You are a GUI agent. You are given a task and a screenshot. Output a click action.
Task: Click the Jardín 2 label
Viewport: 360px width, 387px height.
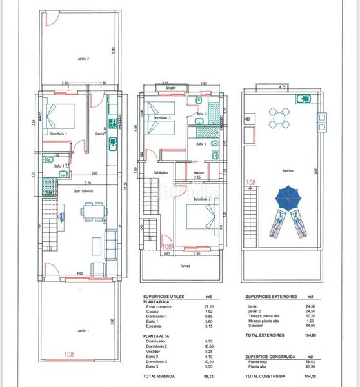pyautogui.click(x=83, y=59)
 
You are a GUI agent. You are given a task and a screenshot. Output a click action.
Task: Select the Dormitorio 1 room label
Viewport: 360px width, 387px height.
pyautogui.click(x=59, y=134)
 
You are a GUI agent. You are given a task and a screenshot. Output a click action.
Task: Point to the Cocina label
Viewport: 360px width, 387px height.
pyautogui.click(x=99, y=134)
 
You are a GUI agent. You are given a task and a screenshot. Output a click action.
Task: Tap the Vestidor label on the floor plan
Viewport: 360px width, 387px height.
pyautogui.click(x=199, y=172)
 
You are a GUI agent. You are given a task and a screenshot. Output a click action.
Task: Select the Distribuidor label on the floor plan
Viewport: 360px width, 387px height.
pyautogui.click(x=161, y=172)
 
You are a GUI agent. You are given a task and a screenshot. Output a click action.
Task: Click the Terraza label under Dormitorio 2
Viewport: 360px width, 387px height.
pyautogui.click(x=185, y=265)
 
